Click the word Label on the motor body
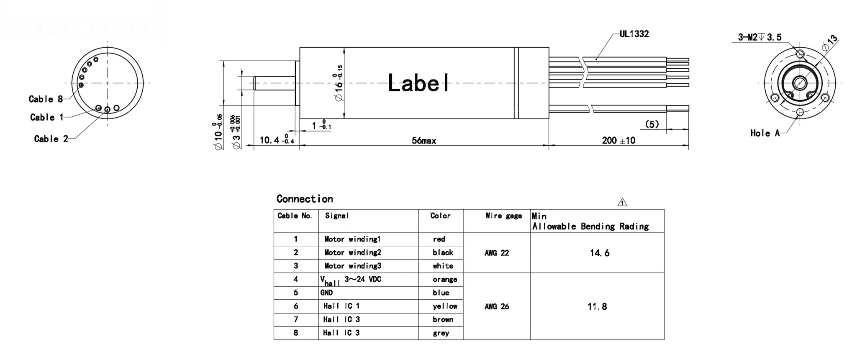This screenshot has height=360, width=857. pyautogui.click(x=418, y=83)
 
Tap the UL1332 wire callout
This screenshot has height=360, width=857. pyautogui.click(x=634, y=34)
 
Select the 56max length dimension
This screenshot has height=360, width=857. pyautogui.click(x=423, y=141)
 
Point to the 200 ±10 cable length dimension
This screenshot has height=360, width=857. pyautogui.click(x=618, y=141)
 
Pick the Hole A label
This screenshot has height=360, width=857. pyautogui.click(x=765, y=133)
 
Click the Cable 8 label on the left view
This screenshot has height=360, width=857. pyautogui.click(x=46, y=99)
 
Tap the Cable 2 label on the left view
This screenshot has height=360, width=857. pyautogui.click(x=51, y=139)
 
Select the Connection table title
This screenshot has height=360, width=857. pyautogui.click(x=305, y=199)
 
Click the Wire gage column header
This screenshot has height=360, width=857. pyautogui.click(x=503, y=216)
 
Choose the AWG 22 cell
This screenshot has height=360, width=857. pyautogui.click(x=497, y=253)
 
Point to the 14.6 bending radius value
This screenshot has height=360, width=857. pyautogui.click(x=599, y=253)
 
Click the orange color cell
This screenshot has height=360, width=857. pyautogui.click(x=444, y=279)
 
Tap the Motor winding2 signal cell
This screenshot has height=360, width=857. pyautogui.click(x=352, y=252)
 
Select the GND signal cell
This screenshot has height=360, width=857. pyautogui.click(x=326, y=293)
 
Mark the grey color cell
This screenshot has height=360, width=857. pyautogui.click(x=441, y=333)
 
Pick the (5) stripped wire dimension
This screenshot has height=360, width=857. pyautogui.click(x=652, y=124)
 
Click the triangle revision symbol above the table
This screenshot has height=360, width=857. pyautogui.click(x=622, y=203)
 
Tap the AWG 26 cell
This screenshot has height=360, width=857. pyautogui.click(x=497, y=306)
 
